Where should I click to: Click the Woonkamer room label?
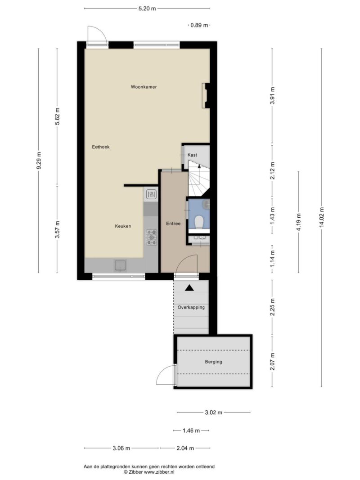pyautogui.click(x=144, y=87)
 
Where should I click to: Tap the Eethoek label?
pyautogui.click(x=101, y=147)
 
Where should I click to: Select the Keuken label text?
pyautogui.click(x=123, y=226)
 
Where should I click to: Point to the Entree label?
pyautogui.click(x=173, y=224)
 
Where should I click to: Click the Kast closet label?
pyautogui.click(x=192, y=155)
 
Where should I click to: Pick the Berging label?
pyautogui.click(x=213, y=362)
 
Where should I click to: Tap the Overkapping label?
pyautogui.click(x=191, y=307)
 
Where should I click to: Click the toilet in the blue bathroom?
pyautogui.click(x=199, y=222)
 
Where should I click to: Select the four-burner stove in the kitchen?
pyautogui.click(x=152, y=237)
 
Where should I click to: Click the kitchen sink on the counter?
pyautogui.click(x=121, y=265)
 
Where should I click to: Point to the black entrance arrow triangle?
pyautogui.click(x=189, y=288)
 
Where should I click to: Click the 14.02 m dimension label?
pyautogui.click(x=321, y=218)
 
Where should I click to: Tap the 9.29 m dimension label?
pyautogui.click(x=39, y=161)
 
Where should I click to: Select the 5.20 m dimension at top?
pyautogui.click(x=147, y=9)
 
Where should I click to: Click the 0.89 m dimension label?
pyautogui.click(x=199, y=25)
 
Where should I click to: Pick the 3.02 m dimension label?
pyautogui.click(x=213, y=413)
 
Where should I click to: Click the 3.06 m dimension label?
pyautogui.click(x=121, y=449)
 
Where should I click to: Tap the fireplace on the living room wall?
pyautogui.click(x=205, y=95)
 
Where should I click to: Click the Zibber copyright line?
pyautogui.click(x=149, y=472)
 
